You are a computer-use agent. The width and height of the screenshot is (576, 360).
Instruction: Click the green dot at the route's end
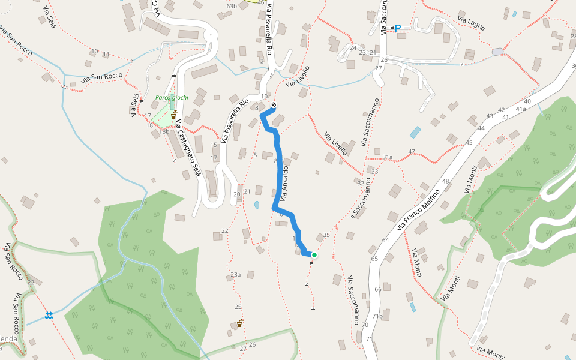(x=314, y=255)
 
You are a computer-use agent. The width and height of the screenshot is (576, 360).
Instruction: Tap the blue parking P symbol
(x=397, y=28)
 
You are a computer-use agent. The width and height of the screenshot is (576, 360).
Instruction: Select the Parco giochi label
(x=172, y=98)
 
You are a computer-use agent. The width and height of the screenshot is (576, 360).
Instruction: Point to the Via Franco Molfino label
(x=419, y=209)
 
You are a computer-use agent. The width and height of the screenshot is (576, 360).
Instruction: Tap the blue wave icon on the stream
(x=49, y=315)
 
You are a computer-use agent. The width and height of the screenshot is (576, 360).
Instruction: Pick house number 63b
(x=232, y=6)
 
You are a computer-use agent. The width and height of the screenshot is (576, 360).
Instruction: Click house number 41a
(x=520, y=109)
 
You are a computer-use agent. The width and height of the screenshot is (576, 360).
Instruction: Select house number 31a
(x=387, y=157)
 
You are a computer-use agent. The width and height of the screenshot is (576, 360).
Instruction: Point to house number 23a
(x=235, y=275)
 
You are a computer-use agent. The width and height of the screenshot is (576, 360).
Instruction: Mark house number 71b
(x=377, y=316)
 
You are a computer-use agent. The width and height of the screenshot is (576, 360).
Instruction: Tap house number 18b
(x=164, y=131)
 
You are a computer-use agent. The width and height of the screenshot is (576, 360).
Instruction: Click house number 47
(x=411, y=151)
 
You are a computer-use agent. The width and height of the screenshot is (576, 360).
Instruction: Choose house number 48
(x=445, y=181)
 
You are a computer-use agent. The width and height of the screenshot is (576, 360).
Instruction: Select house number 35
(x=326, y=235)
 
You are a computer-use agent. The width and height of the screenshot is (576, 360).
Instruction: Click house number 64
(x=385, y=240)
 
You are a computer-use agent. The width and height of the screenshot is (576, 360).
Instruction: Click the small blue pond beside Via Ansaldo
(x=257, y=205)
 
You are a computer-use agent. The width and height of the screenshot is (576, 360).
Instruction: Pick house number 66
(x=378, y=289)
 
